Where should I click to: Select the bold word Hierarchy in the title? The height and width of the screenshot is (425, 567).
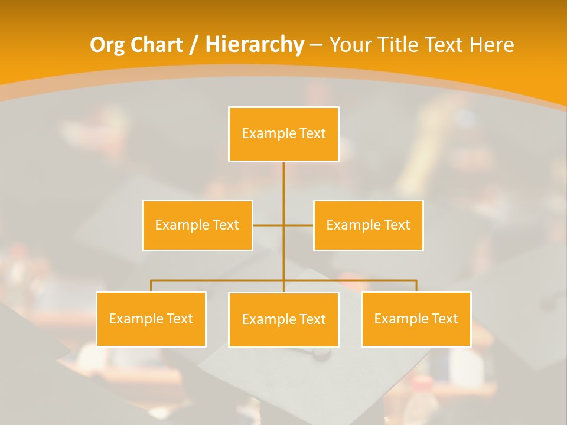pyautogui.click(x=255, y=45)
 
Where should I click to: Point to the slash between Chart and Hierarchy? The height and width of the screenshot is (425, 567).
pyautogui.click(x=194, y=45)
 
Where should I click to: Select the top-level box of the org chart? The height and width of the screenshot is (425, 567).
pyautogui.click(x=283, y=134)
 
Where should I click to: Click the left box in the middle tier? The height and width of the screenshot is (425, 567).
pyautogui.click(x=197, y=225)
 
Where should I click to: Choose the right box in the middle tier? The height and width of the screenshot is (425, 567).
pyautogui.click(x=368, y=225)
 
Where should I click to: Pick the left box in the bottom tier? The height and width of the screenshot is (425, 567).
pyautogui.click(x=151, y=319)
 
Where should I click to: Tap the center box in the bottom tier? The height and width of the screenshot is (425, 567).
pyautogui.click(x=283, y=319)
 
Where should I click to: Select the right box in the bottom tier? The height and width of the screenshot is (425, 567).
pyautogui.click(x=416, y=319)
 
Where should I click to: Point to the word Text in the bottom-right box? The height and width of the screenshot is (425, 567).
pyautogui.click(x=445, y=319)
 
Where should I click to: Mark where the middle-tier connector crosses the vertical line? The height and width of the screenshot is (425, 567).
pyautogui.click(x=283, y=225)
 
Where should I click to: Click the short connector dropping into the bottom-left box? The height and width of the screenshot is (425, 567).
pyautogui.click(x=151, y=286)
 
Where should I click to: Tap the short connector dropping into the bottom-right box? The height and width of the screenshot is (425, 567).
pyautogui.click(x=416, y=286)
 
